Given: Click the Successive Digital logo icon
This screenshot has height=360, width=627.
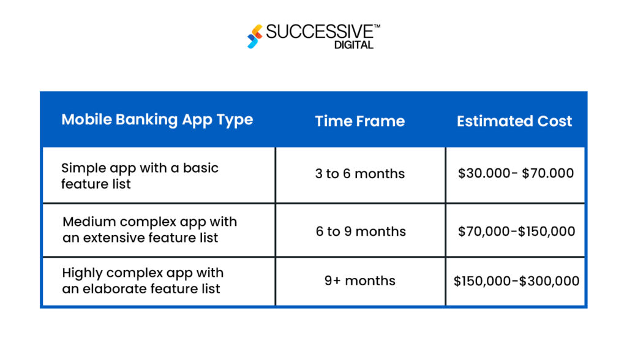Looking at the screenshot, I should pyautogui.click(x=255, y=36).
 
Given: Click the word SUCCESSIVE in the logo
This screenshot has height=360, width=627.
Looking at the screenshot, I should pyautogui.click(x=320, y=32).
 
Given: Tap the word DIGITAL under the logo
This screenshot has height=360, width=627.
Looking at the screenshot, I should pyautogui.click(x=354, y=45).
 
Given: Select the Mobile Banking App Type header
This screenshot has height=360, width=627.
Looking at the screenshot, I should pyautogui.click(x=157, y=119).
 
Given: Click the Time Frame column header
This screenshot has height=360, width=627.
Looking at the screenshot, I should pyautogui.click(x=359, y=121).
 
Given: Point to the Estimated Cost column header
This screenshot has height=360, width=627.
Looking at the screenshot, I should pyautogui.click(x=514, y=121).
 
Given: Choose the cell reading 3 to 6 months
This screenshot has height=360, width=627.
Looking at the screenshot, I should pyautogui.click(x=359, y=174).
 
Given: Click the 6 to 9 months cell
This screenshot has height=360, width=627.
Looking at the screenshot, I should pyautogui.click(x=361, y=231).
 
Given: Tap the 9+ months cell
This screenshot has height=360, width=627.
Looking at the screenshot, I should pyautogui.click(x=359, y=281).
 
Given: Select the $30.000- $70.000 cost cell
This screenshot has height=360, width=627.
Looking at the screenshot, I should pyautogui.click(x=516, y=173).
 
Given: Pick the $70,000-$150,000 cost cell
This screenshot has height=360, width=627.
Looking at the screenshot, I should pyautogui.click(x=516, y=231).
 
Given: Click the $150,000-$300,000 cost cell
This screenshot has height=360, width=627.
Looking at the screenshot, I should pyautogui.click(x=516, y=281).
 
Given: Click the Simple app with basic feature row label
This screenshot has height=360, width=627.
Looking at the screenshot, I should pyautogui.click(x=140, y=176).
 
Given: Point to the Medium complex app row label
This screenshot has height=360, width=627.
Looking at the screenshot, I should pyautogui.click(x=149, y=230).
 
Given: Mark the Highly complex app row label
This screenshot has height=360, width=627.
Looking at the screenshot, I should pyautogui.click(x=142, y=280).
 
